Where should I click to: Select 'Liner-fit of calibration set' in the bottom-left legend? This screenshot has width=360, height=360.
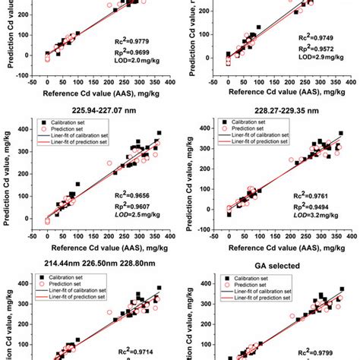tap(67, 288)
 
